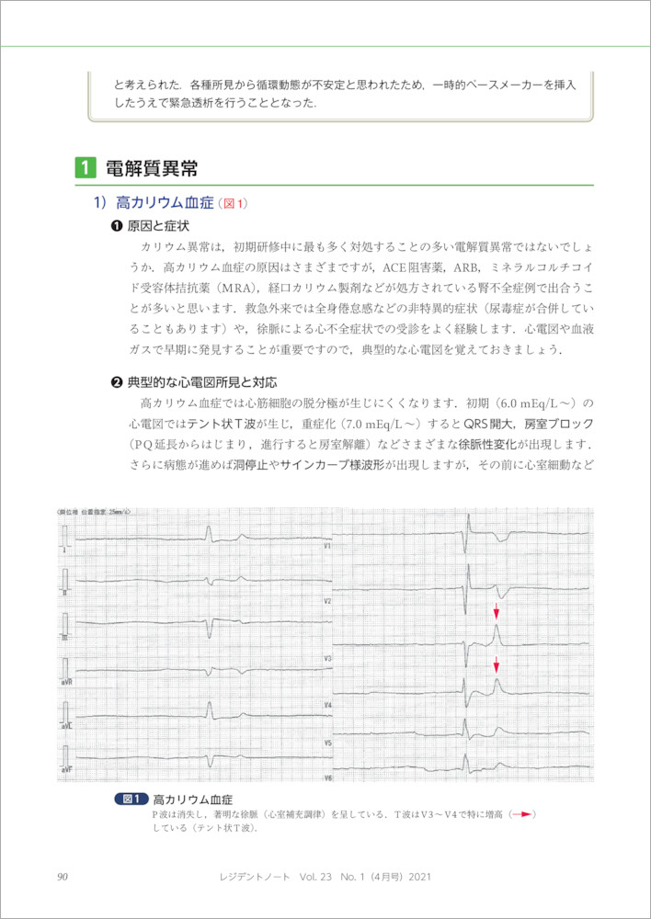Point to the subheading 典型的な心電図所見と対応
pos(201,381)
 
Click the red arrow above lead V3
pos(497,611)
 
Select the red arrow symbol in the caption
pos(522,814)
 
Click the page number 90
pos(63,878)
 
